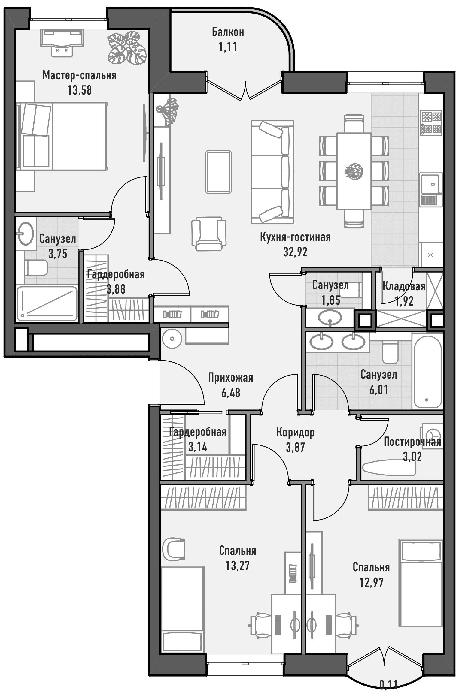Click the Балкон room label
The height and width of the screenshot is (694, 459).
228,32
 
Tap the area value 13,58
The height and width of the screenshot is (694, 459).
79,90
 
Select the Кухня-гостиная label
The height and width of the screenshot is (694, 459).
295,237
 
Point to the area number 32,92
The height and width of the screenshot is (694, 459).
295,252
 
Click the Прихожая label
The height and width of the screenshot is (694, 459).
231,378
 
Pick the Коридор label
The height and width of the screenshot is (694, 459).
295,433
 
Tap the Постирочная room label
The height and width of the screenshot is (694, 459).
412,442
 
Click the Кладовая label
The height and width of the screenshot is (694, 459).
404,286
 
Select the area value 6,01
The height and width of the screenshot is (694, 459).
379,390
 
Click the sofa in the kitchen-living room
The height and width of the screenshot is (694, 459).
272,172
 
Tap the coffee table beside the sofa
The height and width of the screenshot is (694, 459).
219,172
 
